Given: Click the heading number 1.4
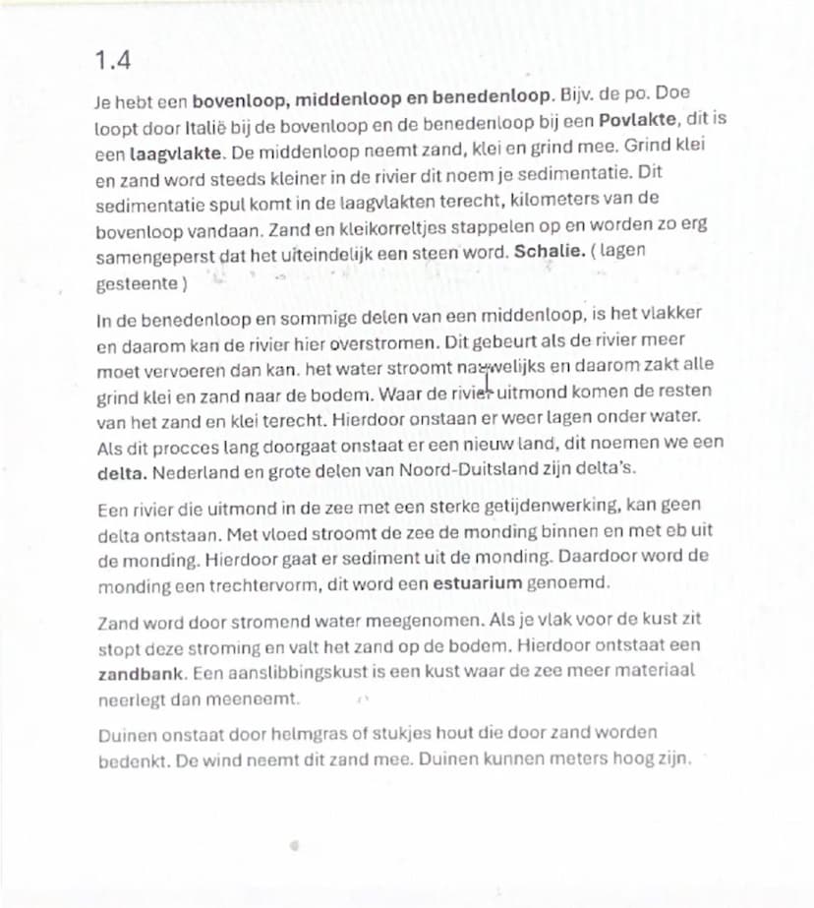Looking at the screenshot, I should click(113, 61).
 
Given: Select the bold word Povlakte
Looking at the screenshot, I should click(639, 119).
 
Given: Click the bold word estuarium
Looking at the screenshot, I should click(478, 583).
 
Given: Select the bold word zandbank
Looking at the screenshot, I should click(137, 677).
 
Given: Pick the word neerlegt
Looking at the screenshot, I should click(135, 700).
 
